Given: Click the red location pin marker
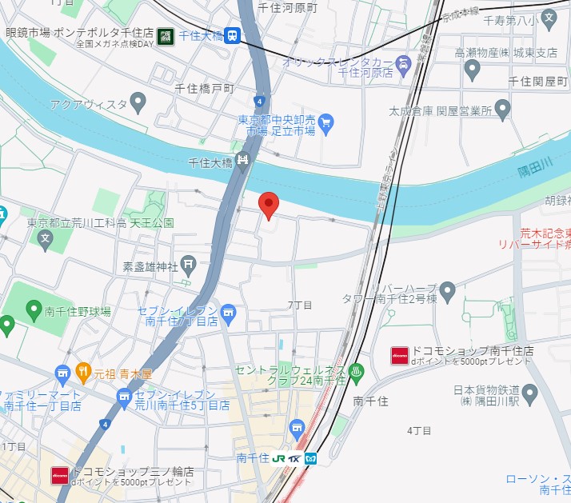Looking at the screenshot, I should pyautogui.click(x=269, y=205).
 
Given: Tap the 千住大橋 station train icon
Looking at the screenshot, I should pyautogui.click(x=233, y=35).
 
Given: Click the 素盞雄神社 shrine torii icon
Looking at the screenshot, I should pyautogui.click(x=188, y=263).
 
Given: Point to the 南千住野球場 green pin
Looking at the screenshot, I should pyautogui.click(x=34, y=309).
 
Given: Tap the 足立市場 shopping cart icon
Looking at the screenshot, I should pyautogui.click(x=325, y=123).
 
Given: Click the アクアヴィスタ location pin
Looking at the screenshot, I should pyautogui.click(x=138, y=102).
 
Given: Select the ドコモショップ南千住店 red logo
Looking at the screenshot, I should pyautogui.click(x=399, y=355).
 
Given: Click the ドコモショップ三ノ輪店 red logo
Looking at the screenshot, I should pyautogui.click(x=59, y=476).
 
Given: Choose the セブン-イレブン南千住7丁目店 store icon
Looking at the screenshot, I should pyautogui.click(x=229, y=311).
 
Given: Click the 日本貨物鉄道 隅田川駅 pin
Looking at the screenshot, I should pyautogui.click(x=530, y=392).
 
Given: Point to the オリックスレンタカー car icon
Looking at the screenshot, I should pyautogui.click(x=405, y=62).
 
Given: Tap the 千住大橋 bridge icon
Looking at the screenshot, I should pyautogui.click(x=243, y=161).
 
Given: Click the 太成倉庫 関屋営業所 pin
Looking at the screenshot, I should pyautogui.click(x=502, y=108).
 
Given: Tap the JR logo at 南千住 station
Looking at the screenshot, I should pyautogui.click(x=278, y=458).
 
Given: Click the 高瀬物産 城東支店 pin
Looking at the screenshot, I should pyautogui.click(x=472, y=70).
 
